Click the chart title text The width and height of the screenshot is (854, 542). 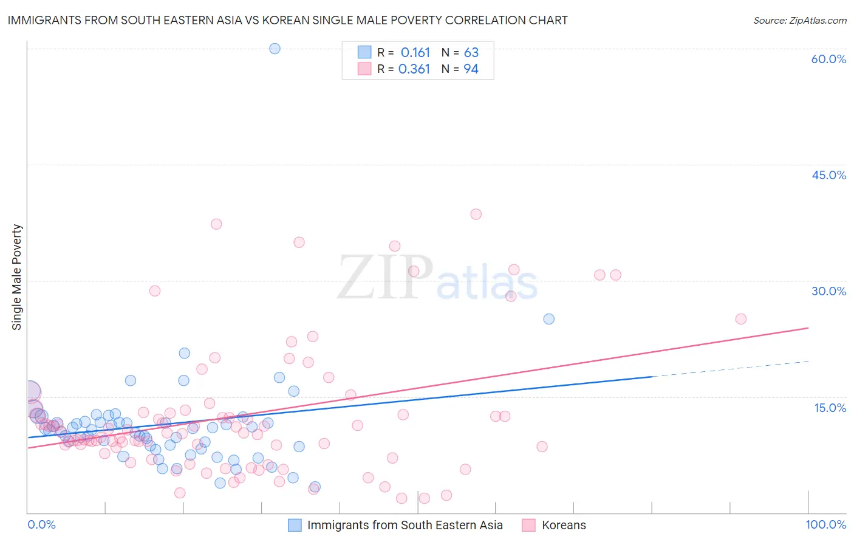(287, 20)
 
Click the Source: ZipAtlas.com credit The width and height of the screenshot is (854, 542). (799, 20)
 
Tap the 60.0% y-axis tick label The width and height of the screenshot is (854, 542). (828, 59)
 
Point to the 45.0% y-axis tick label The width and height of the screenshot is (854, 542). (828, 175)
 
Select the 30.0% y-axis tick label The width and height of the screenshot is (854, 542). (828, 291)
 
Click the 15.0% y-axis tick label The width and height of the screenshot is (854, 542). (830, 408)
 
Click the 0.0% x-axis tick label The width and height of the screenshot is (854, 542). (41, 524)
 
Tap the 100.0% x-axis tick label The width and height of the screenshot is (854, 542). (825, 524)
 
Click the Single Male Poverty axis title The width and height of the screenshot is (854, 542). (17, 277)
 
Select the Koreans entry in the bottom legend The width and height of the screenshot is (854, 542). (564, 525)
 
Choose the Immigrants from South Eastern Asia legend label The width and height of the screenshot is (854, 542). (405, 525)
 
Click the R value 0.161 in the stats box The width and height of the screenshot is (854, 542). (415, 53)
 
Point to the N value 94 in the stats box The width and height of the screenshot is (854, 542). (471, 69)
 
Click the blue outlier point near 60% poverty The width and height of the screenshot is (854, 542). (275, 49)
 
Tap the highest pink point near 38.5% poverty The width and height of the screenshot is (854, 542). (476, 214)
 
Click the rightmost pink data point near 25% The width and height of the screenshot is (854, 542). (740, 319)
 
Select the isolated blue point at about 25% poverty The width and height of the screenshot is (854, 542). (548, 319)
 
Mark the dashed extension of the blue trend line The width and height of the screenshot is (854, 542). (729, 369)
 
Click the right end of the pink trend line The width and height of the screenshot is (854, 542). (807, 328)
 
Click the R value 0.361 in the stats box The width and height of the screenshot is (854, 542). (414, 69)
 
